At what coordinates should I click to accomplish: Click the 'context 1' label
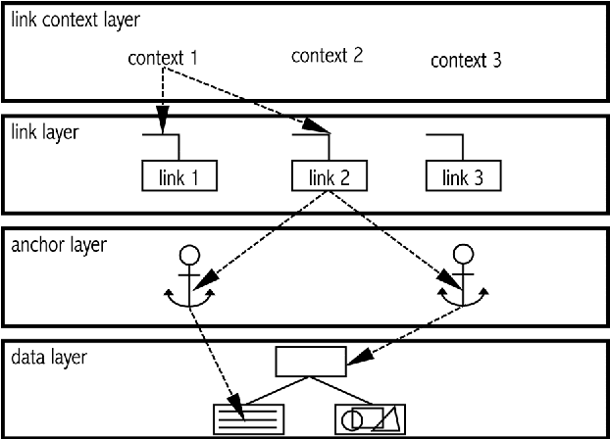point(163,58)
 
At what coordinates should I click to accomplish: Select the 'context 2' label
point(328,56)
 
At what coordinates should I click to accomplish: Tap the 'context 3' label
point(467,61)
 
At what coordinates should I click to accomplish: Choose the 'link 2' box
point(329,177)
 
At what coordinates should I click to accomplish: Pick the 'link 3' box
point(462,177)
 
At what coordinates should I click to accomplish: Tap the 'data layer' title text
point(48,358)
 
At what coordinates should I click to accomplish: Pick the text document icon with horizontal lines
point(248,418)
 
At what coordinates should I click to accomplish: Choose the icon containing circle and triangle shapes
point(372,418)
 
